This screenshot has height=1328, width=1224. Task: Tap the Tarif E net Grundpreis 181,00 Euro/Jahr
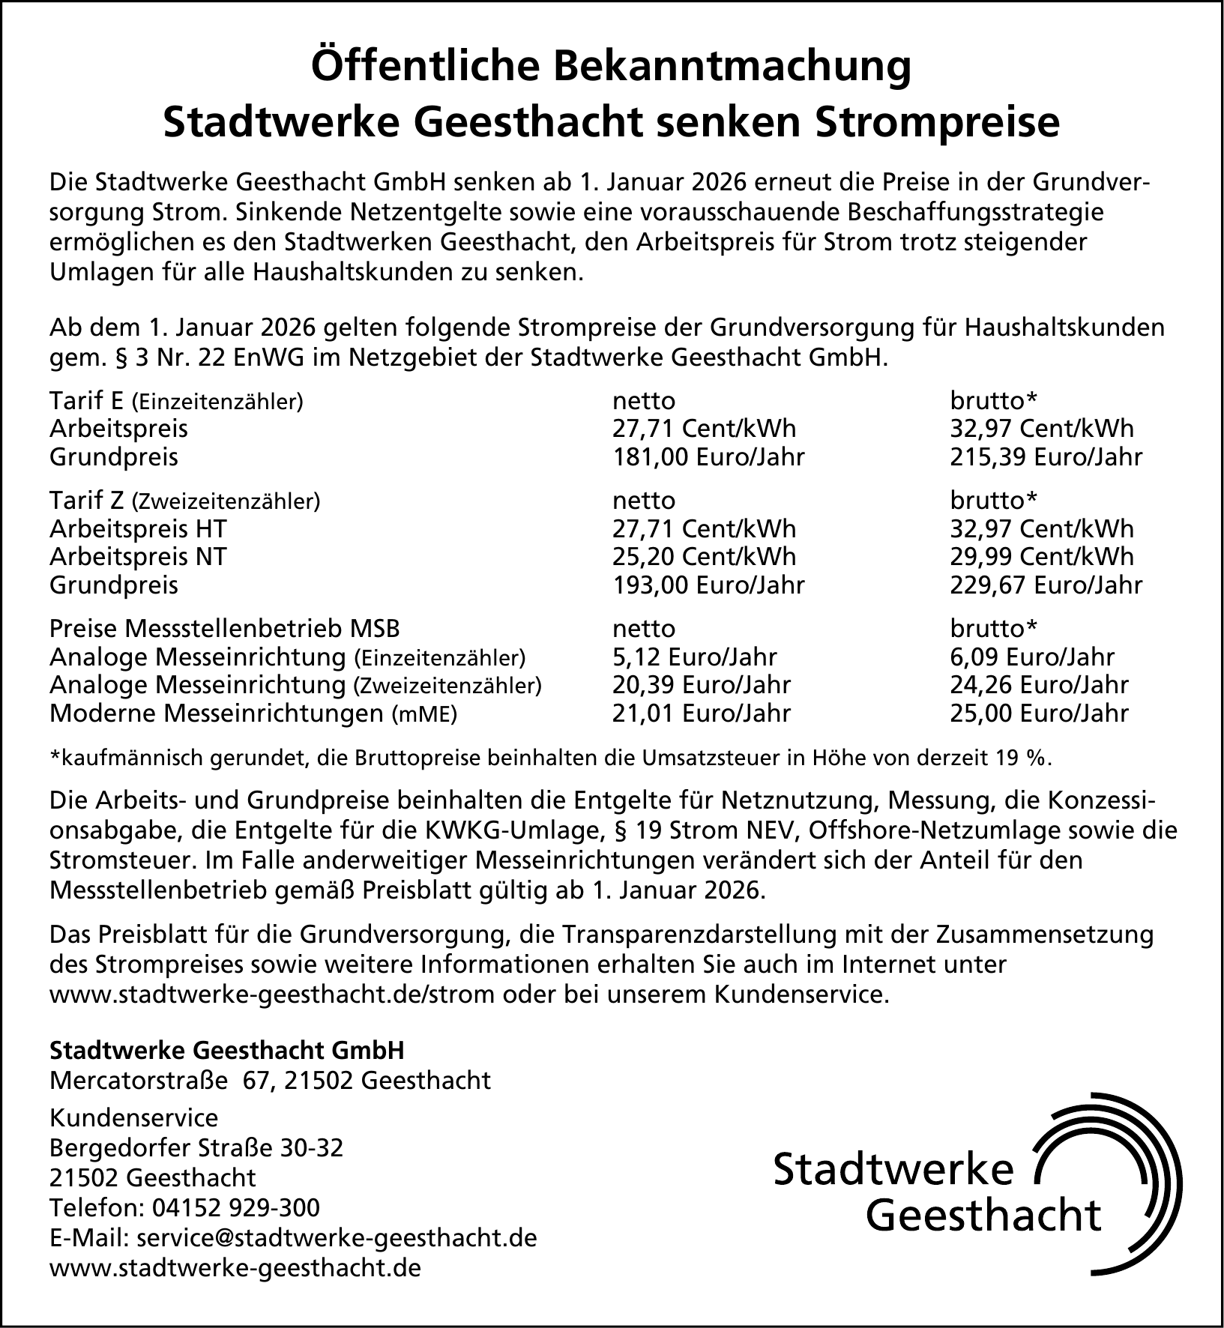(708, 457)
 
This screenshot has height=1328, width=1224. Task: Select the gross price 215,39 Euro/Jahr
(1046, 457)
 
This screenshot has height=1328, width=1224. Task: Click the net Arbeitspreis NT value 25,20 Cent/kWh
(704, 557)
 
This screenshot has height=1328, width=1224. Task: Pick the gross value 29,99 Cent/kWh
(1042, 557)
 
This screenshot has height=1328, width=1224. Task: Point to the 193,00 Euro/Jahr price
(708, 585)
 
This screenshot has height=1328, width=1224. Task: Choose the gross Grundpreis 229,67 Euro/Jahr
(1046, 585)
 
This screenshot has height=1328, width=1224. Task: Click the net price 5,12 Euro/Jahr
(694, 657)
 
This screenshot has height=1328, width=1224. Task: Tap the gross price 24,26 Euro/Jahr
(1039, 685)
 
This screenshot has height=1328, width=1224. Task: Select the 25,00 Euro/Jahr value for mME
(1039, 713)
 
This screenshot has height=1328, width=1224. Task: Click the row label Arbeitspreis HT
(138, 529)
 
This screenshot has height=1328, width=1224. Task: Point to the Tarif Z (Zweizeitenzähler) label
(184, 500)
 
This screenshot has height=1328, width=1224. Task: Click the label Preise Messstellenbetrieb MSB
(225, 628)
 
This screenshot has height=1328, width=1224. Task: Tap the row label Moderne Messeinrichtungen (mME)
(253, 713)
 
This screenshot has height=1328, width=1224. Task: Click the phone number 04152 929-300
(236, 1207)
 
